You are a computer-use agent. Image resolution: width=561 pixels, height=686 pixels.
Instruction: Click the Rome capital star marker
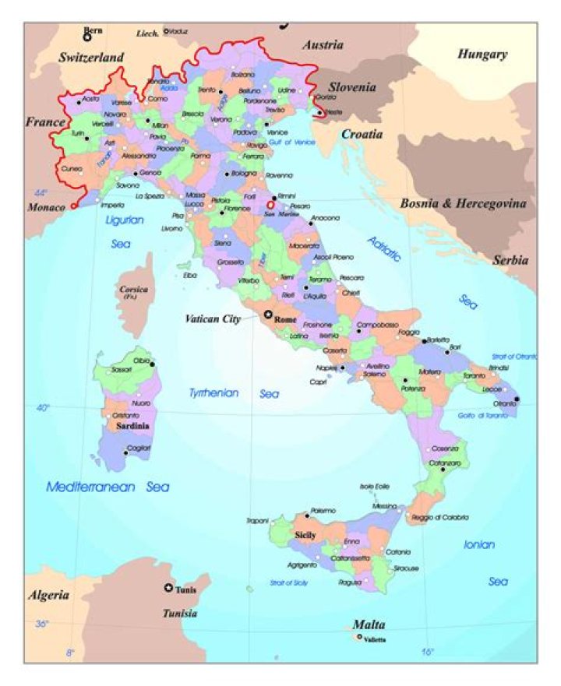point(269,314)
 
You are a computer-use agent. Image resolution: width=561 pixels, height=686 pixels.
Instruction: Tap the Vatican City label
point(212,318)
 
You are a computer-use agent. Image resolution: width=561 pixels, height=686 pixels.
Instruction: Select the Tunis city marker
point(168,588)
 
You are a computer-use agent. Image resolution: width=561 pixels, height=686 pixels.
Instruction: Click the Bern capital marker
point(87,36)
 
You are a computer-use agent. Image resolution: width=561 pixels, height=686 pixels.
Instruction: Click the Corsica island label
point(133,292)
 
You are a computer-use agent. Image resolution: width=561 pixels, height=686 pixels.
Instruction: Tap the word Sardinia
point(132,427)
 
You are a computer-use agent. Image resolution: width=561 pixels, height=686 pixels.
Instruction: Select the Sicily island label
point(305,535)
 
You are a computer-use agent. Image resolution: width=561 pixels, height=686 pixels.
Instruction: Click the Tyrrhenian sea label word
point(213,393)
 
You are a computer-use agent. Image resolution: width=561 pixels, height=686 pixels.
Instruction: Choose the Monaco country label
point(46,207)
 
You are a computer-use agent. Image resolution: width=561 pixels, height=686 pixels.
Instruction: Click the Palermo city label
point(323,510)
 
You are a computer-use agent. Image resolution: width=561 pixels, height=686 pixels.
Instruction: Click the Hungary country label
point(482,55)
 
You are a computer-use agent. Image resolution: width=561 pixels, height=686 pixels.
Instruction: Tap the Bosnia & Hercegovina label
point(463,204)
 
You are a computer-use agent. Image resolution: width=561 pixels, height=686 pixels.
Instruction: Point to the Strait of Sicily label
point(288,582)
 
